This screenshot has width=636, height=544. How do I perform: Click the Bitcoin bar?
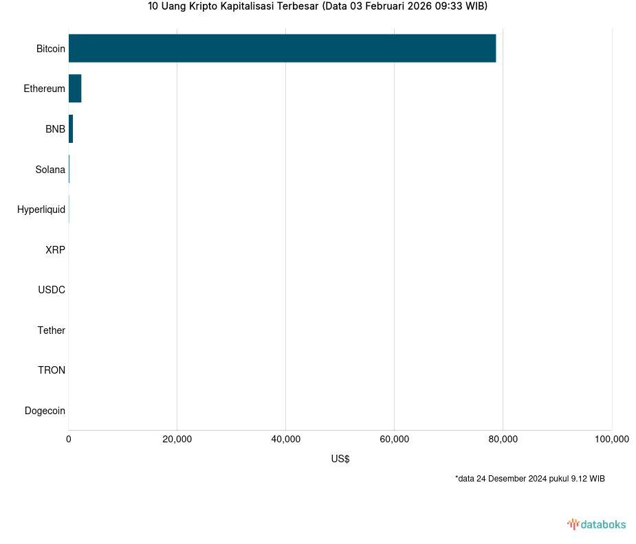click(282, 48)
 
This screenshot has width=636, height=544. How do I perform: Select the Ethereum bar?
click(75, 89)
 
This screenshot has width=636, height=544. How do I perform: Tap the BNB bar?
click(71, 129)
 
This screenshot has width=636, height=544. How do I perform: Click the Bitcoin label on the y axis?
click(51, 49)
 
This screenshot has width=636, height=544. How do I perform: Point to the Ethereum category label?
click(44, 89)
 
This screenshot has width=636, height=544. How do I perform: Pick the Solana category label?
click(50, 170)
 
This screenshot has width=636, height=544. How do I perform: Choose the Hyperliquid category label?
click(41, 209)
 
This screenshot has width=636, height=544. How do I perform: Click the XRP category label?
click(55, 250)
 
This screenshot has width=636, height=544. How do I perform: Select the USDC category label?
click(52, 290)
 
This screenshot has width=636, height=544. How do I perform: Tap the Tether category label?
click(52, 330)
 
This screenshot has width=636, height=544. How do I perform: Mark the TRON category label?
click(52, 370)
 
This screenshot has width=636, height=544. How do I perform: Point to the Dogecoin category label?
click(45, 411)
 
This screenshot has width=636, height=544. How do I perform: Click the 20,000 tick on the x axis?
click(177, 440)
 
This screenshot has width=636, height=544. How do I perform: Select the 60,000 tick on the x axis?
click(394, 440)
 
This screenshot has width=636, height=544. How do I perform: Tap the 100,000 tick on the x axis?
click(611, 440)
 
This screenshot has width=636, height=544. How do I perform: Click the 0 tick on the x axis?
click(69, 440)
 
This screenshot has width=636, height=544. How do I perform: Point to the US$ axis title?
click(340, 459)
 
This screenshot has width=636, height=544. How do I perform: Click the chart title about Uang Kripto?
click(318, 7)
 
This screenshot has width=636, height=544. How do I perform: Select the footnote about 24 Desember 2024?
click(529, 479)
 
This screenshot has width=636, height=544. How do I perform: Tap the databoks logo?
click(597, 525)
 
